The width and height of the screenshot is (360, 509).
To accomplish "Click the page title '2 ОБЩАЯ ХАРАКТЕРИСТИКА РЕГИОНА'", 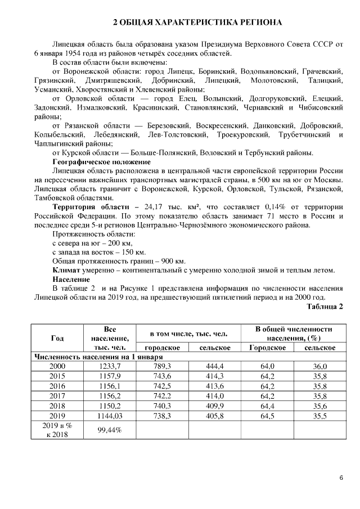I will pyautogui.click(x=197, y=23).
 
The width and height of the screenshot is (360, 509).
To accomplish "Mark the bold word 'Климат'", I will pyautogui.click(x=66, y=270).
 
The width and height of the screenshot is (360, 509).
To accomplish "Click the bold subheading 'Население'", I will pyautogui.click(x=71, y=279).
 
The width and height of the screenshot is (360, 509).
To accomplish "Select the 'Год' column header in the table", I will pyautogui.click(x=57, y=338).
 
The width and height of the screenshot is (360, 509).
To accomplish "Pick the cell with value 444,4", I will pyautogui.click(x=215, y=366).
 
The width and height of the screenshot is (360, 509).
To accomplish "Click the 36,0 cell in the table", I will pyautogui.click(x=319, y=366).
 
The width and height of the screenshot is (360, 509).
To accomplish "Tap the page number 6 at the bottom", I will pyautogui.click(x=341, y=478).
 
